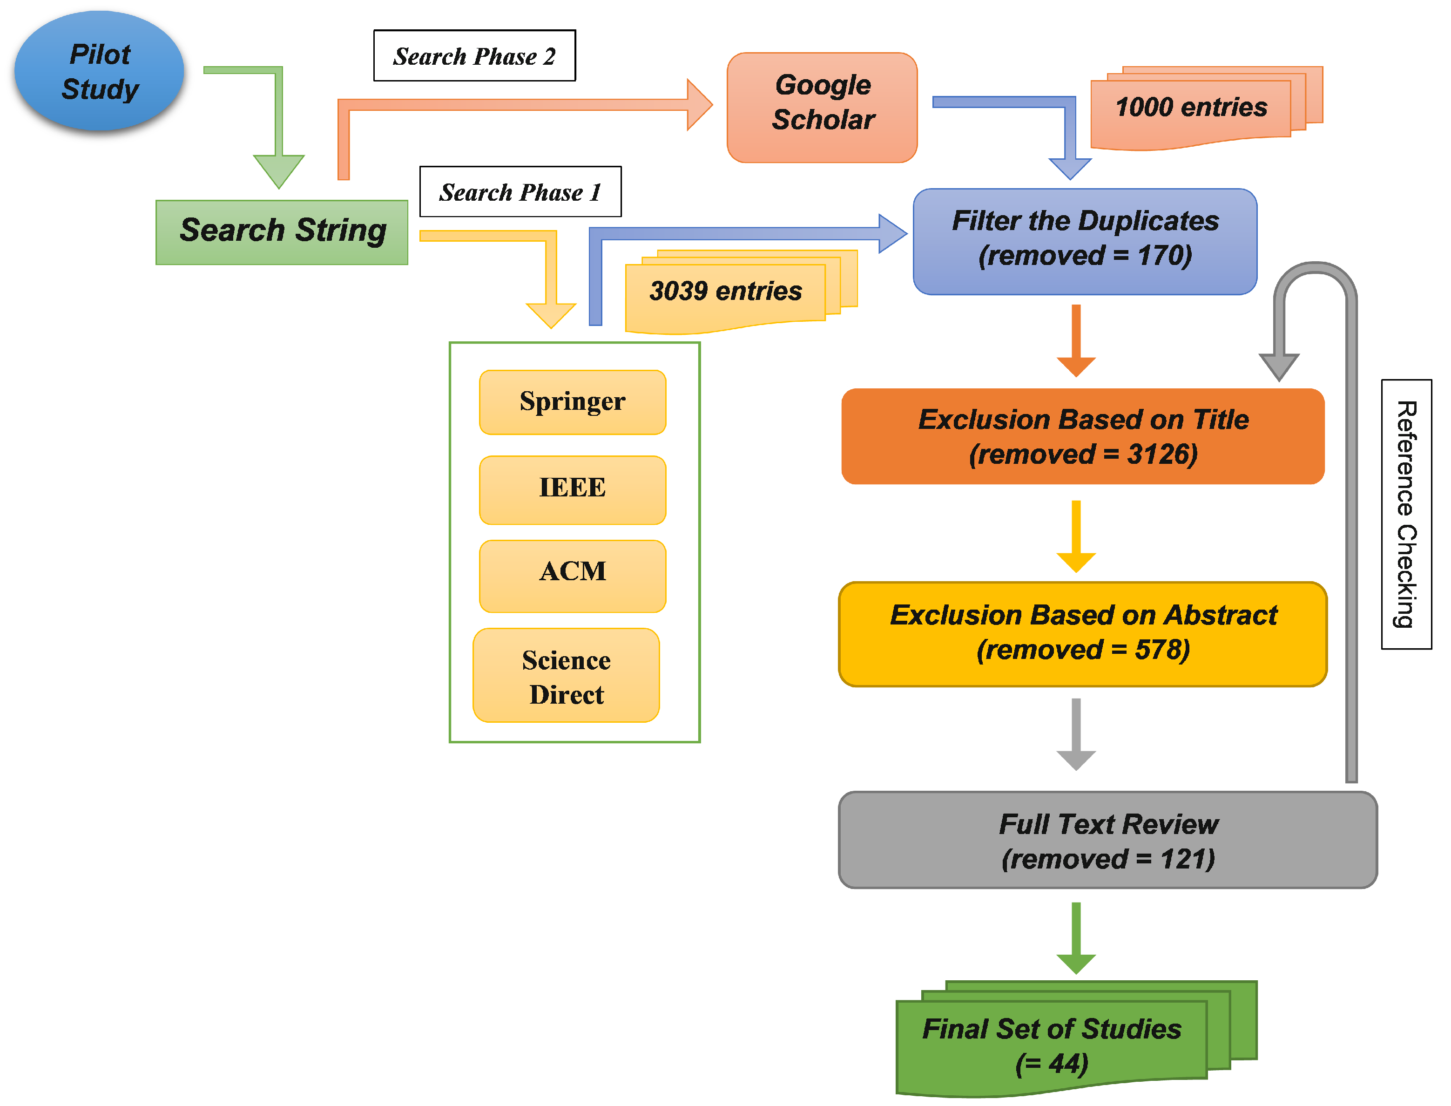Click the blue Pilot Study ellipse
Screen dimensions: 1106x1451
click(99, 71)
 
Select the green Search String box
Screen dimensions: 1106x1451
click(282, 232)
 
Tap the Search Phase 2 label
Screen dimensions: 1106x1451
click(474, 56)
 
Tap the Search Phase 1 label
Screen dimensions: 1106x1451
click(520, 192)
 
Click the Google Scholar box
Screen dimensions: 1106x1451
click(822, 107)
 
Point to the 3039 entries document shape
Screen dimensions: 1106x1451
click(725, 292)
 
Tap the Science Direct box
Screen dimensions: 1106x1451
click(566, 676)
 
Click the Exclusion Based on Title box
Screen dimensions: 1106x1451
click(1082, 436)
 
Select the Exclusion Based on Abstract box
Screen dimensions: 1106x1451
click(1082, 633)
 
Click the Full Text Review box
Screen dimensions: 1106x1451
click(1107, 840)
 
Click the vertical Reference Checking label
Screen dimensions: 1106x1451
click(1406, 514)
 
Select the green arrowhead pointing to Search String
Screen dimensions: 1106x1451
click(279, 170)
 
